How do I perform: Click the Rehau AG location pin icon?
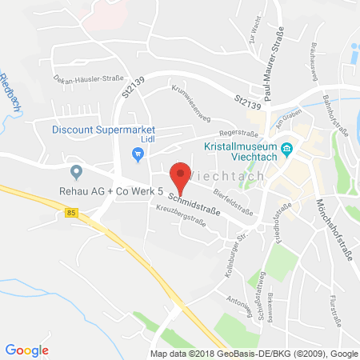point(76,171)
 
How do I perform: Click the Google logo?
point(27,350)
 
